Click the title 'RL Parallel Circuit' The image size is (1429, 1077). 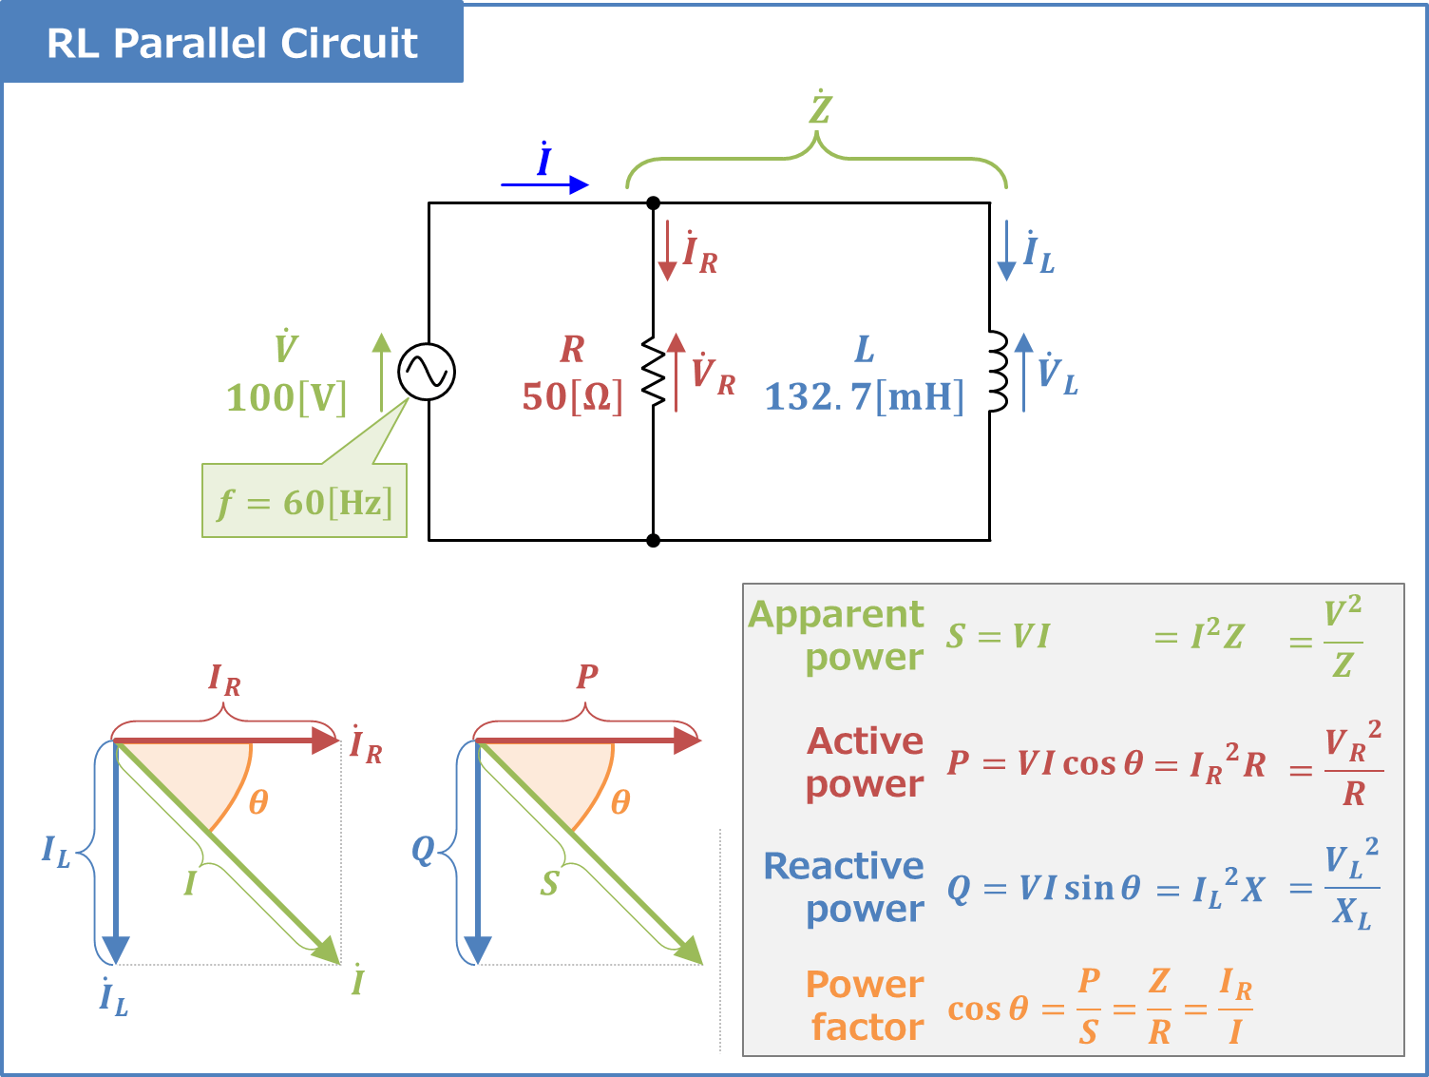pyautogui.click(x=232, y=43)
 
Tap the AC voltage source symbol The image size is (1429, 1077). pyautogui.click(x=427, y=372)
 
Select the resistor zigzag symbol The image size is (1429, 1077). pyautogui.click(x=654, y=372)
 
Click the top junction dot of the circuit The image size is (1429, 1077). pyautogui.click(x=654, y=202)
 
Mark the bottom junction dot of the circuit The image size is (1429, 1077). pyautogui.click(x=654, y=540)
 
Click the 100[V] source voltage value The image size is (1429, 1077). pyautogui.click(x=287, y=397)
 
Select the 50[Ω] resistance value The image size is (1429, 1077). pyautogui.click(x=573, y=396)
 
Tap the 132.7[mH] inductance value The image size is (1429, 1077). pyautogui.click(x=864, y=396)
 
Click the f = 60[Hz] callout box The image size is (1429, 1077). pyautogui.click(x=304, y=501)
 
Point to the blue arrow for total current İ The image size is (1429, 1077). pyautogui.click(x=544, y=184)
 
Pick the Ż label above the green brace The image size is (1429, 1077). pyautogui.click(x=820, y=108)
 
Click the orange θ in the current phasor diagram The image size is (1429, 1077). pyautogui.click(x=258, y=802)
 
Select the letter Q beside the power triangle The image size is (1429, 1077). pyautogui.click(x=422, y=849)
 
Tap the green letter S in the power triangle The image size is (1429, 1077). pyautogui.click(x=549, y=884)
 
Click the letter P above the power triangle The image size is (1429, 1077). pyautogui.click(x=587, y=676)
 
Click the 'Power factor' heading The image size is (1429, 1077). pyautogui.click(x=865, y=1006)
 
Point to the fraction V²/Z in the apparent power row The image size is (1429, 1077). pyautogui.click(x=1342, y=637)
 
